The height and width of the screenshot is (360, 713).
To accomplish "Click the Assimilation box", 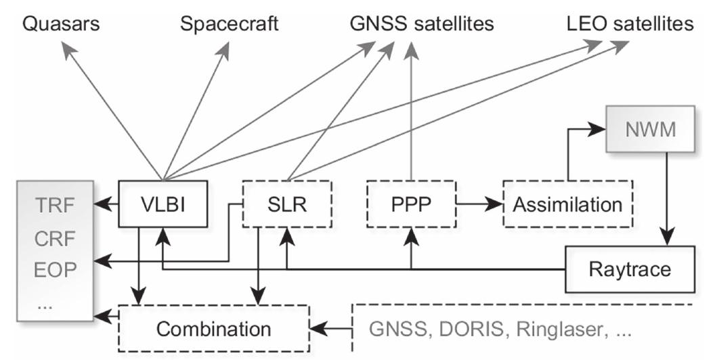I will coord(567,203).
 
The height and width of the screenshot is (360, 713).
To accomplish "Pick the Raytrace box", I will coord(629,269).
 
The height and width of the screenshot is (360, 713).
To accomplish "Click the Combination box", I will coord(213,328).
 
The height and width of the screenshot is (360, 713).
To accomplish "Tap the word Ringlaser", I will coord(565,328).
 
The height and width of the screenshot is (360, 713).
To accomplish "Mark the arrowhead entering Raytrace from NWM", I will coord(668,240).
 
